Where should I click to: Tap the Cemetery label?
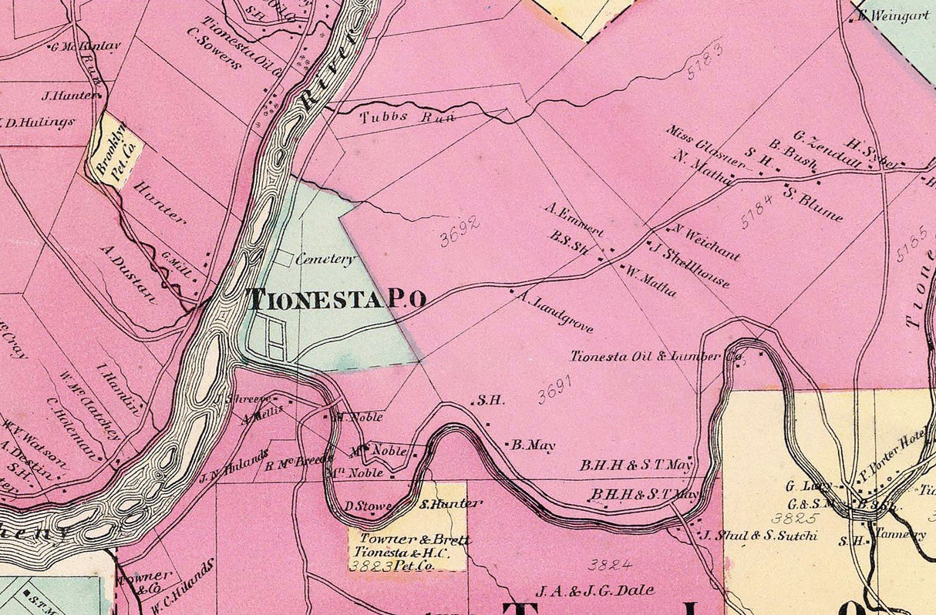click(x=325, y=260)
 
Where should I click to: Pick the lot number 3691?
click(x=557, y=393)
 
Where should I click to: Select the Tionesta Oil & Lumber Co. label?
click(x=655, y=357)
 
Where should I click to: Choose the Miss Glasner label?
click(x=706, y=147)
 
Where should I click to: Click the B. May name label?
click(x=533, y=445)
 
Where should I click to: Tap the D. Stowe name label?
click(x=368, y=506)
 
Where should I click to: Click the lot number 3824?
click(x=610, y=565)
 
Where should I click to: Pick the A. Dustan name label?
click(x=128, y=274)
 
